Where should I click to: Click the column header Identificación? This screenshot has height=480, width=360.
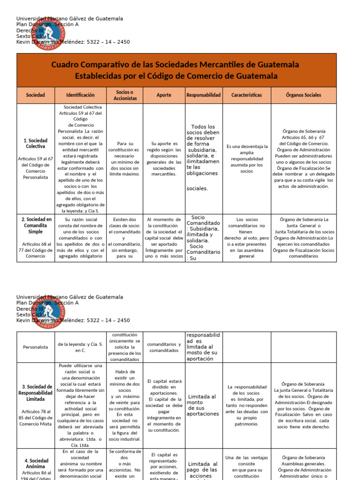coord(80,95)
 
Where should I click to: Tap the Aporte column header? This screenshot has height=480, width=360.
coord(164,95)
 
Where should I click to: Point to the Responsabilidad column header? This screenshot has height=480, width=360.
coord(203,95)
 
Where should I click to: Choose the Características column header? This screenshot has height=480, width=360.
coord(247,95)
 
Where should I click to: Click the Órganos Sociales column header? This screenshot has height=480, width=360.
coord(303,95)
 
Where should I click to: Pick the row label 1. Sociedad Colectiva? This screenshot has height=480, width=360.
coord(36,143)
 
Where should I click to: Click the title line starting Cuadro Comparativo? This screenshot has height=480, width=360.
coord(175,65)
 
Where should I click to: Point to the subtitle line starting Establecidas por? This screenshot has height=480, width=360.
coord(176,76)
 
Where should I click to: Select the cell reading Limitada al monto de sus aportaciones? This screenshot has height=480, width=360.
coord(203,405)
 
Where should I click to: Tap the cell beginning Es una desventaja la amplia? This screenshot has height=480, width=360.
coord(247,158)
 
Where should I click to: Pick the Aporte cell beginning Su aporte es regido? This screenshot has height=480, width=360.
coord(164,158)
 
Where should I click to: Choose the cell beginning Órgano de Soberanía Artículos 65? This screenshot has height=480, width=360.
coord(303,158)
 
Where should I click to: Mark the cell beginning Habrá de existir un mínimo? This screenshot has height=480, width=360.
coord(125,405)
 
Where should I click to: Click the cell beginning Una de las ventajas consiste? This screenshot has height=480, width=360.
coord(247,464)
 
